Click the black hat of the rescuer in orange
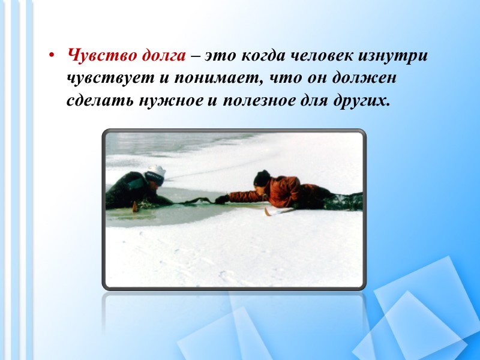[x=261, y=178]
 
